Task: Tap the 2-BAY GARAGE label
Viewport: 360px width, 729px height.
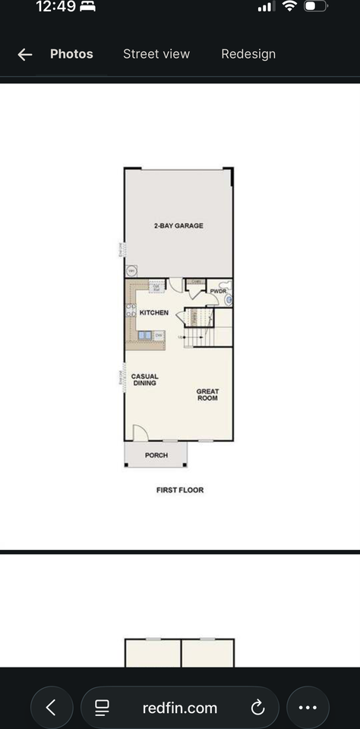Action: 178,226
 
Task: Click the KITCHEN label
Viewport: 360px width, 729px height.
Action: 153,313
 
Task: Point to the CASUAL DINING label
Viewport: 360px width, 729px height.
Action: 144,380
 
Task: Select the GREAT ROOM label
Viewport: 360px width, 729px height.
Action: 207,395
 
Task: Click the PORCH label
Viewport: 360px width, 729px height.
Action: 156,456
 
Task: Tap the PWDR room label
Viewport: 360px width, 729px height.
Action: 218,291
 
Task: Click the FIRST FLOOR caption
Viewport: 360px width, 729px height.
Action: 180,490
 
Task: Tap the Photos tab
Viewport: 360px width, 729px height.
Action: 71,54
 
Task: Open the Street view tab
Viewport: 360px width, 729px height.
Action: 156,54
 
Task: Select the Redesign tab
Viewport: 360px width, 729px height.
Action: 248,54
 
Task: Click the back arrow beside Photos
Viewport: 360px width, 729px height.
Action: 25,54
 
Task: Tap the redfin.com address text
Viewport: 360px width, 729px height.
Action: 180,708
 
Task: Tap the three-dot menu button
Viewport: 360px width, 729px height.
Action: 308,708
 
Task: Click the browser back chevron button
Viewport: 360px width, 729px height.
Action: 51,708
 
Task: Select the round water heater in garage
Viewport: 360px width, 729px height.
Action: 131,271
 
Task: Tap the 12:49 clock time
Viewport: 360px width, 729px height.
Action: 55,7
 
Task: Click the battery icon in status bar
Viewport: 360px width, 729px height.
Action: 314,6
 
